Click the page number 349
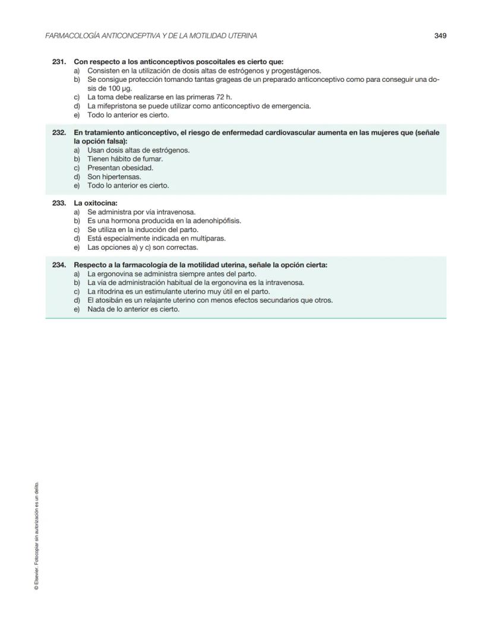point(440,36)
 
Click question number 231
point(59,62)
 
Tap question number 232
point(59,133)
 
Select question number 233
point(59,203)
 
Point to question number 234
point(59,265)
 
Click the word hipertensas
point(122,177)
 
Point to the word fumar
point(153,159)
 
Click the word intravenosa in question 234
point(283,283)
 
